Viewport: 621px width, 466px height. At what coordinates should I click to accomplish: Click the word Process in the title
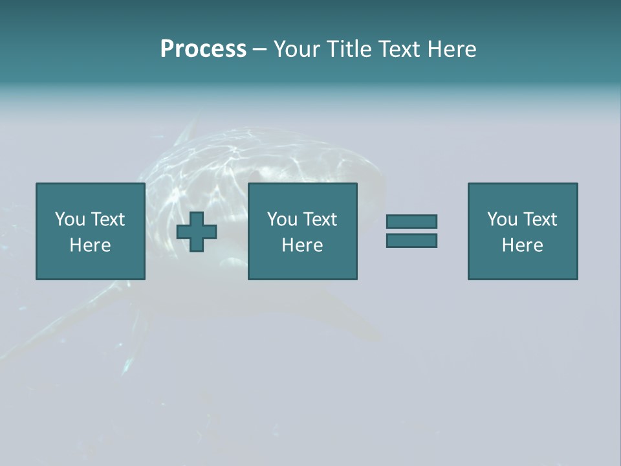203,49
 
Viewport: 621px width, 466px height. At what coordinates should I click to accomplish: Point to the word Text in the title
397,49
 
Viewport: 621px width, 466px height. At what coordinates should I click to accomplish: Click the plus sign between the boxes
197,232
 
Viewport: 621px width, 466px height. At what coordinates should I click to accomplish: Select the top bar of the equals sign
411,221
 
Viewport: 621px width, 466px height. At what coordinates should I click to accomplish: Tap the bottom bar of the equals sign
411,241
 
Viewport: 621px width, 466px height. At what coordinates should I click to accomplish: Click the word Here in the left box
90,245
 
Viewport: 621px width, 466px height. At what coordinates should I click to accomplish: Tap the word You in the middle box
282,219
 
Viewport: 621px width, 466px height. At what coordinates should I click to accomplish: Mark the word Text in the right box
539,219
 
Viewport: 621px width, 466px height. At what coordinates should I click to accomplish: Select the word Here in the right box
522,245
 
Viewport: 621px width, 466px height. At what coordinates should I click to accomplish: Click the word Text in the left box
107,219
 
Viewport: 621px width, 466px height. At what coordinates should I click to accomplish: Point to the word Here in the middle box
302,245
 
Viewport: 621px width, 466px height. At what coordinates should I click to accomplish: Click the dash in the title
259,49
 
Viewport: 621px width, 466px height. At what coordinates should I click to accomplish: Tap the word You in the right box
502,219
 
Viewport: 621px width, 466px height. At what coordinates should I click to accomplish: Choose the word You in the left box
70,219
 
